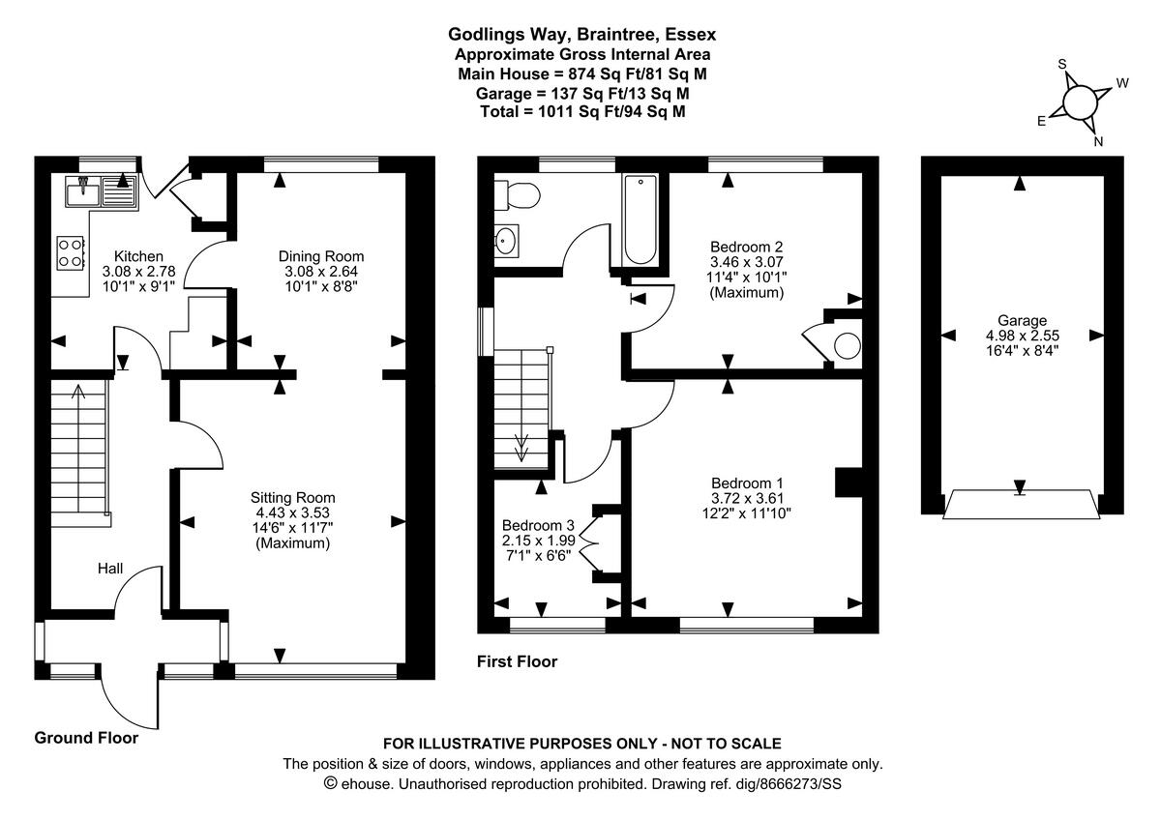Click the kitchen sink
[x=102, y=193]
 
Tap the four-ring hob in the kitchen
[x=71, y=252]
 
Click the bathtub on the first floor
[x=640, y=220]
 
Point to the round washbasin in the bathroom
[x=507, y=241]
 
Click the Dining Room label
[x=321, y=255]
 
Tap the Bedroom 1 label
[x=747, y=483]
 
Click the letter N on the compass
[x=1098, y=141]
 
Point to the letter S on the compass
[x=1061, y=65]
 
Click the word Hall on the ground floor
[x=109, y=569]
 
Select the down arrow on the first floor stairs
[x=521, y=447]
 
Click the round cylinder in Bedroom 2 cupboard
[x=847, y=346]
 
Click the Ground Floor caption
[x=86, y=738]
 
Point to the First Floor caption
[x=517, y=661]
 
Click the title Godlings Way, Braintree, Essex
[x=581, y=35]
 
